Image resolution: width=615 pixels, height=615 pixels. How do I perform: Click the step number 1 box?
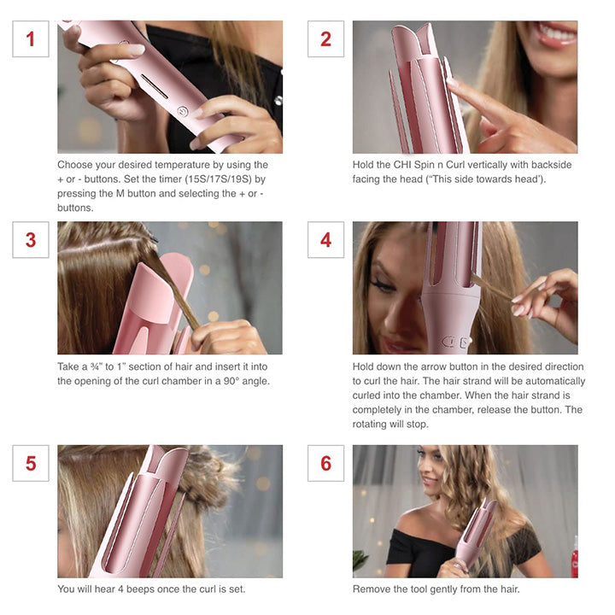pos(31,39)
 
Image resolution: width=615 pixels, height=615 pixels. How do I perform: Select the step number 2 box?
pos(325,39)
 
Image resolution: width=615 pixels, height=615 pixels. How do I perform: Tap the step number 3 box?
pos(31,240)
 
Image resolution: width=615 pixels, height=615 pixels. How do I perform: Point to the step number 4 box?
pos(325,240)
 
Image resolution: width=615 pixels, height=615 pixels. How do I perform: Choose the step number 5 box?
pos(31,463)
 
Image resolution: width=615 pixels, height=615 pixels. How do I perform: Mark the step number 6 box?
pos(325,463)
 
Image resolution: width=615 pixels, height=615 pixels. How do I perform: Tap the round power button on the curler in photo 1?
pos(183,111)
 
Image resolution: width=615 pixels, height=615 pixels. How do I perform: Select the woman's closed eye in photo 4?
pos(383,288)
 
